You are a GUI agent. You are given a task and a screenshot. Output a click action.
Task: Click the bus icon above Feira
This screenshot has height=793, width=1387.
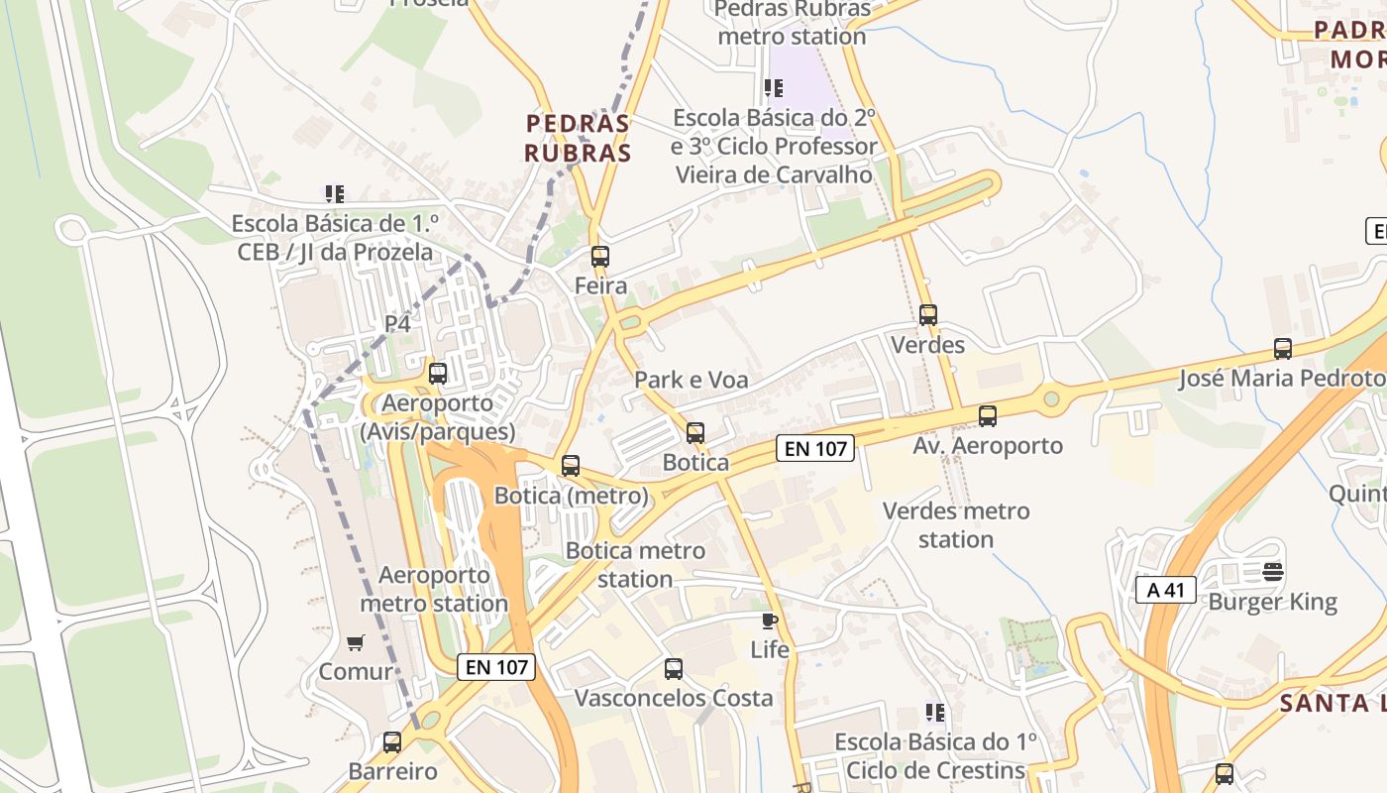(x=599, y=257)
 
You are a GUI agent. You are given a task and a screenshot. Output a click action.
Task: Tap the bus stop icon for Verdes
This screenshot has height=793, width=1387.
(x=928, y=315)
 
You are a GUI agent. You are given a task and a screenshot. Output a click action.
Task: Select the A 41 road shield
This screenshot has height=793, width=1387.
(x=1166, y=590)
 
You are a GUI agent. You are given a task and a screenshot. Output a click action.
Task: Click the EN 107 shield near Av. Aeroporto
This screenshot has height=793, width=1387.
(x=815, y=448)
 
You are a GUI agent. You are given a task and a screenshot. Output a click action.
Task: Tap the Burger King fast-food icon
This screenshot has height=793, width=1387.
(x=1273, y=572)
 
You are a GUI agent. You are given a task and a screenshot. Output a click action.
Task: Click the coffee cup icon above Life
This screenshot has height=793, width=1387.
(x=769, y=622)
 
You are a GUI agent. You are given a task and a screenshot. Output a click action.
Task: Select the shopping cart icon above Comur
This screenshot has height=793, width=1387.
(x=356, y=642)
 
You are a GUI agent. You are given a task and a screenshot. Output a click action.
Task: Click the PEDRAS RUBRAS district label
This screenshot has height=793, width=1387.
(x=578, y=138)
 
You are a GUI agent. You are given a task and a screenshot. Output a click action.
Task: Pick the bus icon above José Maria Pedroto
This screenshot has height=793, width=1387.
(x=1283, y=349)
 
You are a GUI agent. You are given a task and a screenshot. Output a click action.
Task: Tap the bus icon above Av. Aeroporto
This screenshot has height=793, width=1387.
(x=987, y=416)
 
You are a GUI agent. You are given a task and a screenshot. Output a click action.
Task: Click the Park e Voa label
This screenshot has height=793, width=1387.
(x=692, y=380)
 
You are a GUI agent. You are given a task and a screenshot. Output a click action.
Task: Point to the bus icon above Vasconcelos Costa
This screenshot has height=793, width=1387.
(x=674, y=669)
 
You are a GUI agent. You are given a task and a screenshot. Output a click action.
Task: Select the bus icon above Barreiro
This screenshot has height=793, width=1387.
(x=392, y=742)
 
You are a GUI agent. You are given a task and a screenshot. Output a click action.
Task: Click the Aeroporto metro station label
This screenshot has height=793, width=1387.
(x=434, y=589)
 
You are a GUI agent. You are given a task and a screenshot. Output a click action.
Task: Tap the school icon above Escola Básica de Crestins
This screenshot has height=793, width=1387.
(x=934, y=713)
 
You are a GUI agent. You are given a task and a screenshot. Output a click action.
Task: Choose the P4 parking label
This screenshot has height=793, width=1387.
(x=397, y=323)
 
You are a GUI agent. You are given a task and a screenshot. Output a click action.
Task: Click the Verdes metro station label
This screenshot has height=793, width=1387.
(x=956, y=525)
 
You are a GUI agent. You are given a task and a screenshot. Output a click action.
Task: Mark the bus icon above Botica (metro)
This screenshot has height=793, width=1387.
(x=571, y=466)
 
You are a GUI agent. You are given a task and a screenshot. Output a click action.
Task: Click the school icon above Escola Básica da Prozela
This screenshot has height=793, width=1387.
(x=335, y=194)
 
